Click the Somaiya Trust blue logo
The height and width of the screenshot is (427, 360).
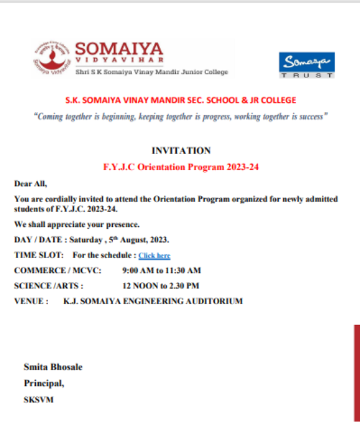[x=307, y=65]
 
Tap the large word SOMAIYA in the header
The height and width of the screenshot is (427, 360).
[x=119, y=49]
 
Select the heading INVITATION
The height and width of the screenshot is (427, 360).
[x=181, y=151]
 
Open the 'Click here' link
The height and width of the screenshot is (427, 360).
[x=154, y=256]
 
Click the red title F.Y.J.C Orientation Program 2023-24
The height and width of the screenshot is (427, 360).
[x=181, y=167]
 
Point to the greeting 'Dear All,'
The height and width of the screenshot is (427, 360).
[x=31, y=183]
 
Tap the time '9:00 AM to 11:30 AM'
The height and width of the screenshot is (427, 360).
[x=161, y=270]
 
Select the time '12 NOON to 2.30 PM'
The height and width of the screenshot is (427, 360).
[x=160, y=286]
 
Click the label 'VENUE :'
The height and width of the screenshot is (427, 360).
[x=31, y=301]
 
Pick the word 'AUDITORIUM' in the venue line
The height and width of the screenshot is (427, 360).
[x=213, y=301]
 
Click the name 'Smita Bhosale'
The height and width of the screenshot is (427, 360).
[x=53, y=367]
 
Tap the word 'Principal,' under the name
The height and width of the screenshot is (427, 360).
[x=44, y=383]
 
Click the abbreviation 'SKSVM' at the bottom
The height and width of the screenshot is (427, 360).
[x=39, y=400]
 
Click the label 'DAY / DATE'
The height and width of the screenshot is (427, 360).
[x=35, y=240]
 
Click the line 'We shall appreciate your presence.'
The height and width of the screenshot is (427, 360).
[x=77, y=224]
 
